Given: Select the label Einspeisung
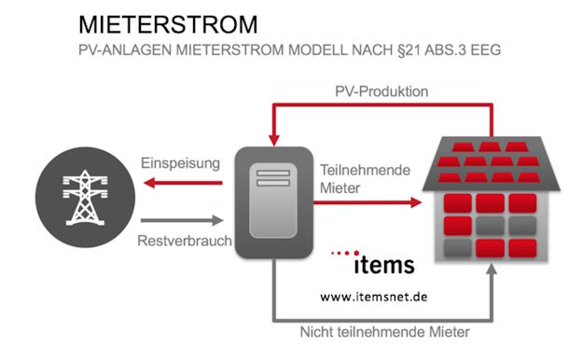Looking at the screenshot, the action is tap(181, 163).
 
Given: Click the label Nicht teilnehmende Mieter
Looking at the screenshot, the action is tap(384, 331).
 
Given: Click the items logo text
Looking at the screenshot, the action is tap(383, 265).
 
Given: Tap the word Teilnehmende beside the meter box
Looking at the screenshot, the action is tap(360, 171).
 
